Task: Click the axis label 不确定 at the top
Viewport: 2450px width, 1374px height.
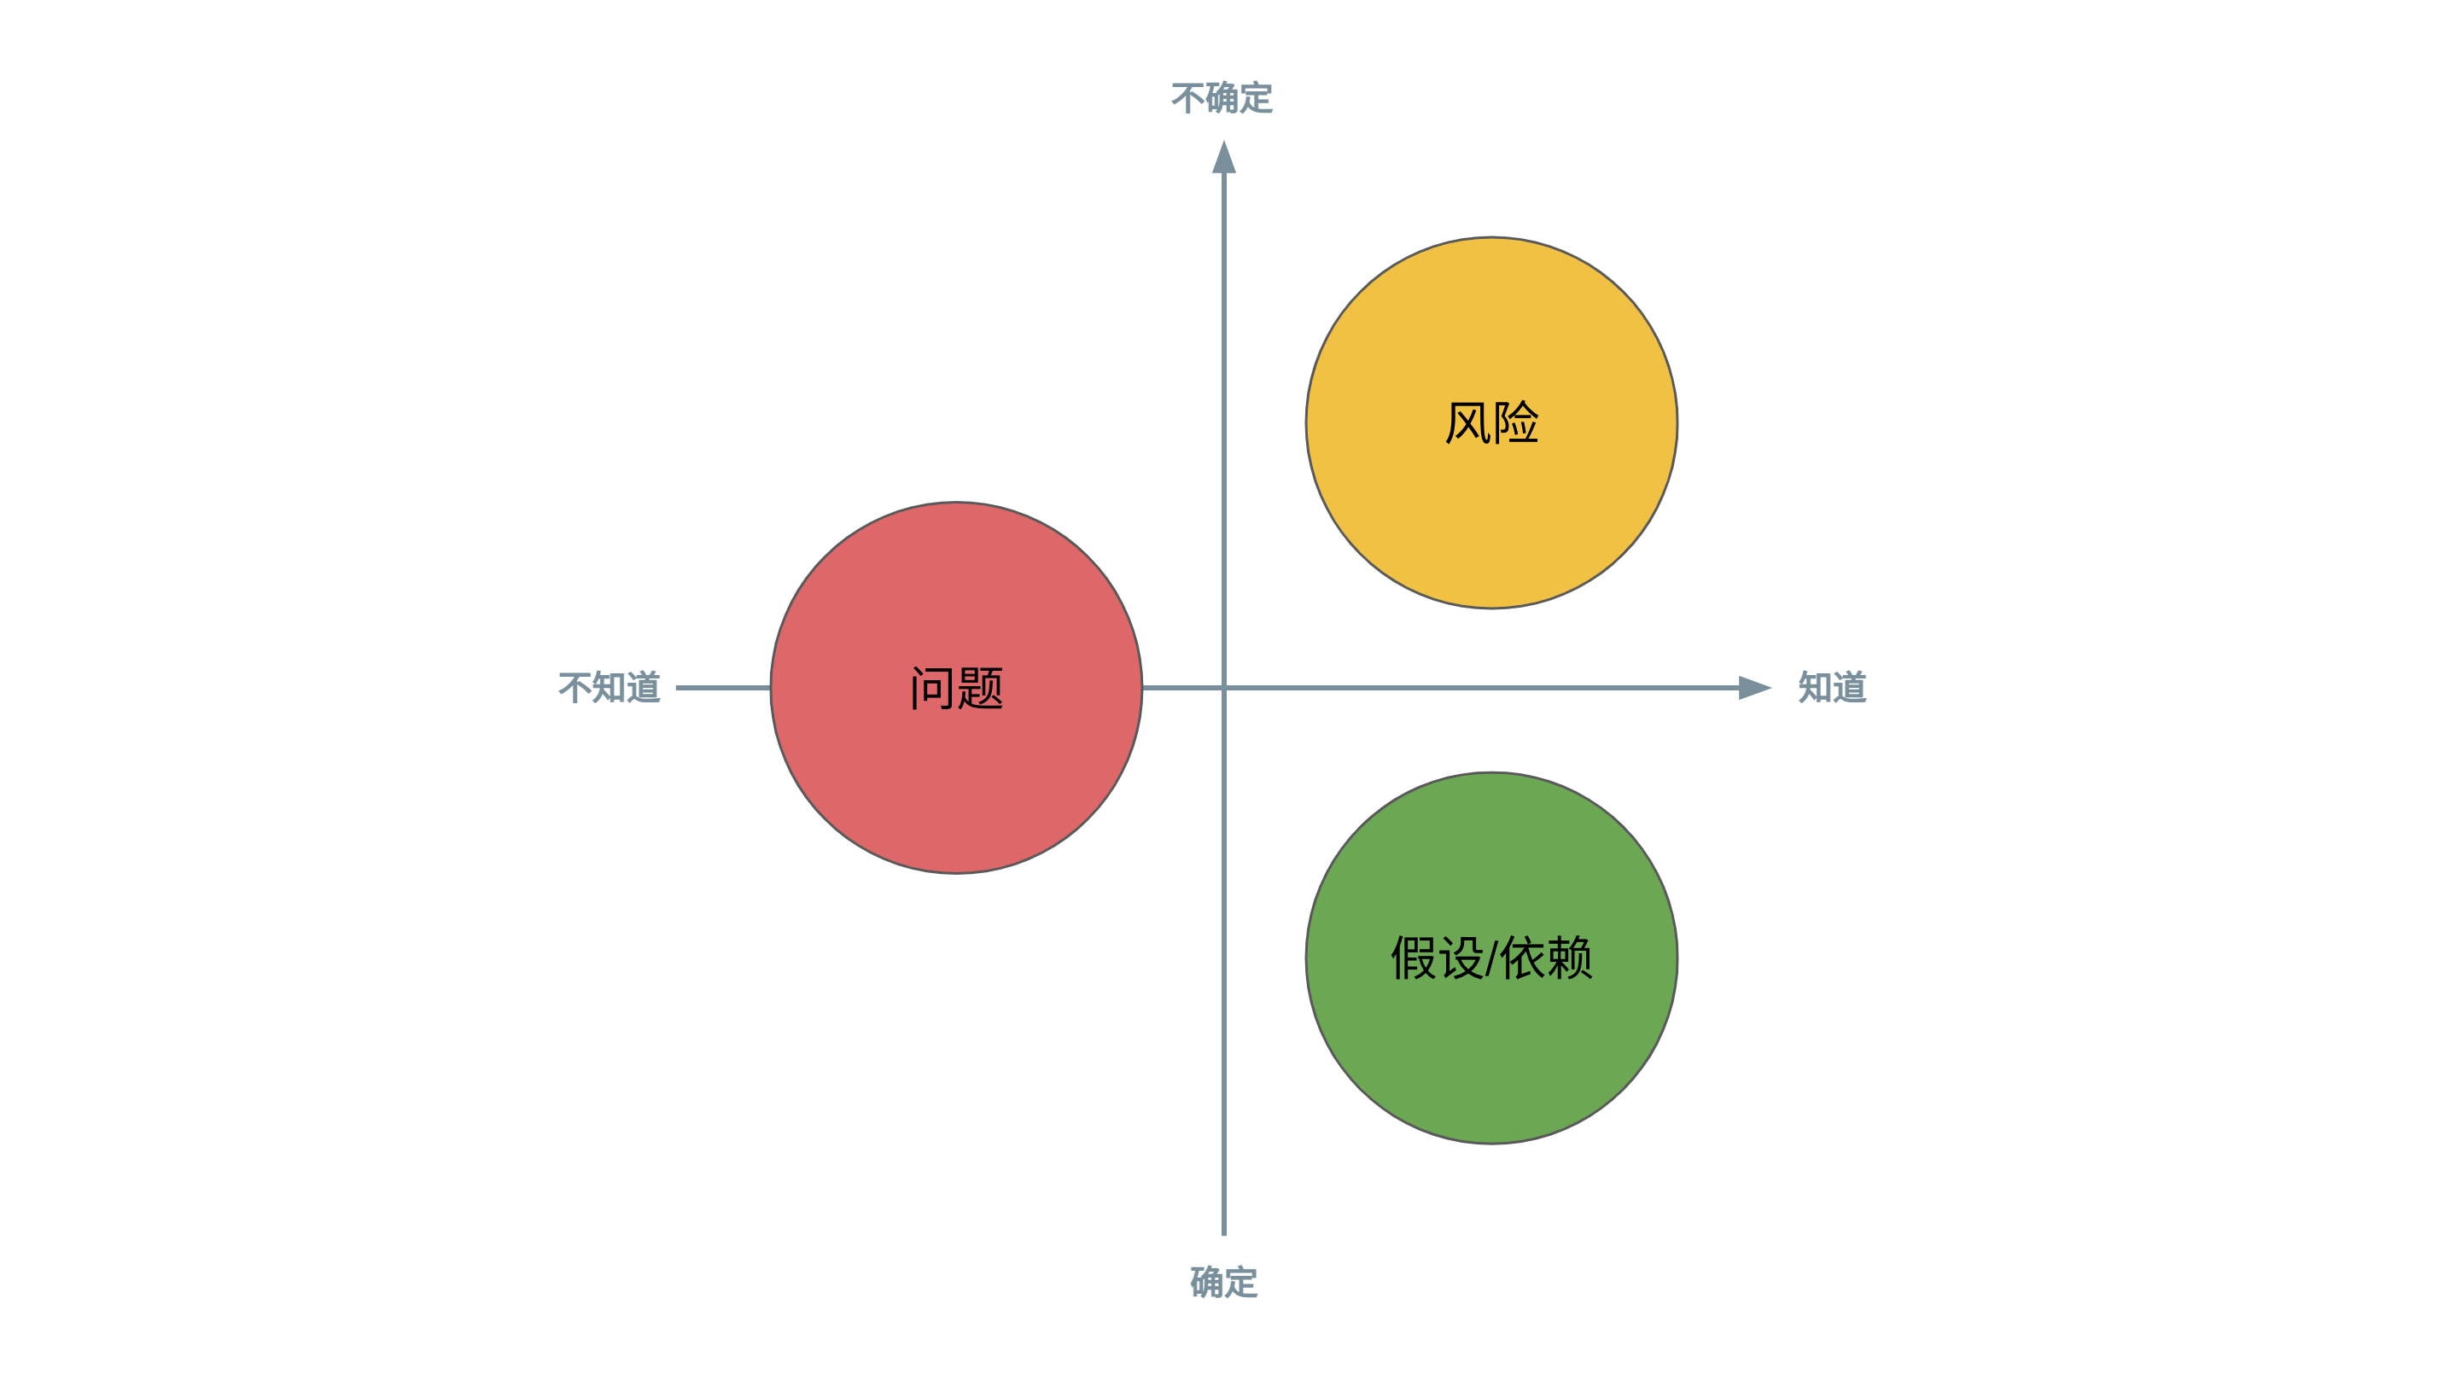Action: (1222, 98)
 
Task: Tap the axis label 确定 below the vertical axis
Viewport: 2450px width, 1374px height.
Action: (1224, 1282)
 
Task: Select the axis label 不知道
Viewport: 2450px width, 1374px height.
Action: (610, 688)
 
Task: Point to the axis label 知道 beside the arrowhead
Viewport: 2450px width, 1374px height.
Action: (1833, 688)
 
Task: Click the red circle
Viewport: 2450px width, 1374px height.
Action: (956, 688)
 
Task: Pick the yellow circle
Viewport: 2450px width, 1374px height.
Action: (1491, 422)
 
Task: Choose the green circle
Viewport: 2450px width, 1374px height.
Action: (1491, 958)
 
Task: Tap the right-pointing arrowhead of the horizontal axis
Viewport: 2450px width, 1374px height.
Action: (1756, 688)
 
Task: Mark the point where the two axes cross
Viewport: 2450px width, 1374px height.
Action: (1224, 688)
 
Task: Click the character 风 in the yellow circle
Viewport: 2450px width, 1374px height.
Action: (1467, 423)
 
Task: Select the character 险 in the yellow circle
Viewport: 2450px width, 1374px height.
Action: (1516, 423)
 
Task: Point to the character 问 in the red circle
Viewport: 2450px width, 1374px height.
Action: (932, 689)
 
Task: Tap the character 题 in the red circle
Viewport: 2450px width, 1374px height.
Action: (981, 689)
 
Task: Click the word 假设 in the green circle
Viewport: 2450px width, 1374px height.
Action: (1437, 958)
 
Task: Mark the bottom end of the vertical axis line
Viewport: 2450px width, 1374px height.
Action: (1224, 1234)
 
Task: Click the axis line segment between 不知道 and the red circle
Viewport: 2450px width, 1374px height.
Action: (723, 688)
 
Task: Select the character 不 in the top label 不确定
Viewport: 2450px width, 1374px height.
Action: (1188, 98)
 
